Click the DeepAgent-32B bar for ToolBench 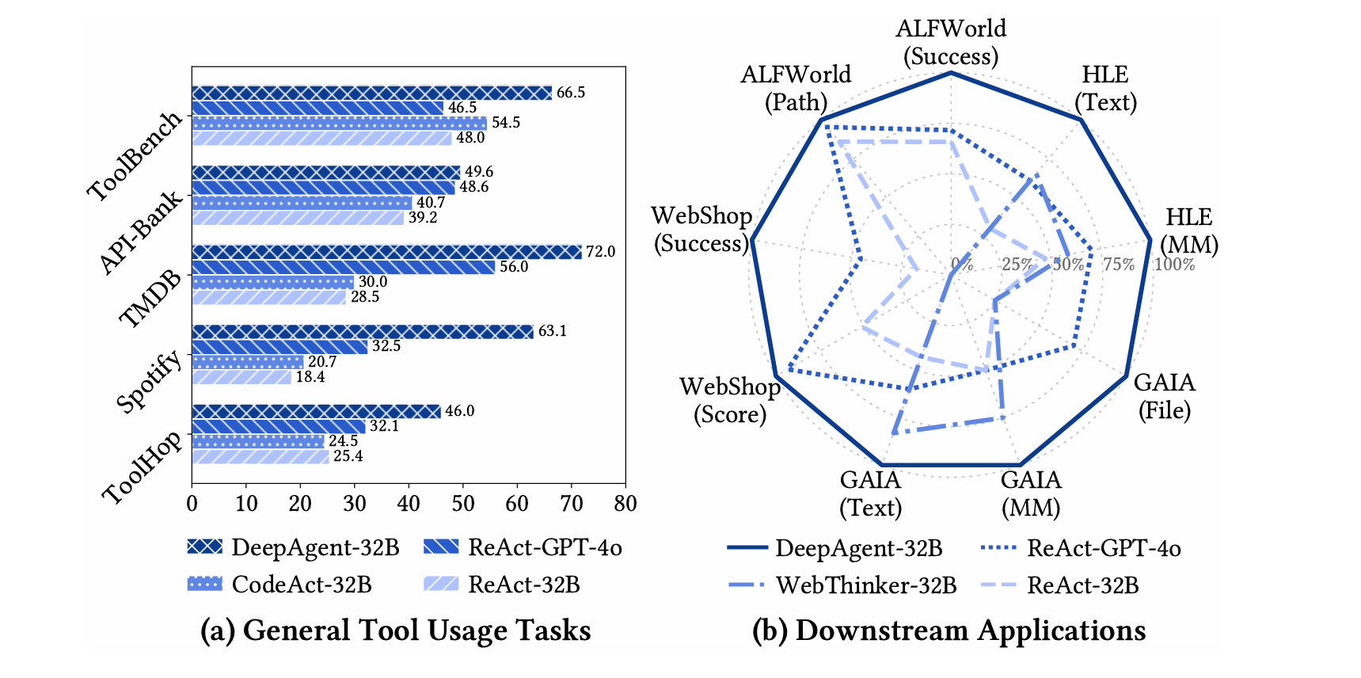(372, 93)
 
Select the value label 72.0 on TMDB (600, 252)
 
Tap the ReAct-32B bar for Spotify (241, 377)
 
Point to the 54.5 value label (506, 123)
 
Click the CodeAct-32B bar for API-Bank (302, 203)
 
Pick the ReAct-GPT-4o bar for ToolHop (278, 426)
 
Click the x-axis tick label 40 (409, 504)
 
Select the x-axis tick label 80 (625, 504)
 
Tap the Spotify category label (149, 383)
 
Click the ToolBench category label (135, 156)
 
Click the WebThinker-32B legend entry (842, 585)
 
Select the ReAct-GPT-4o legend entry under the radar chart (1081, 548)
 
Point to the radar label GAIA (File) (1165, 396)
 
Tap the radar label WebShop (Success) (701, 230)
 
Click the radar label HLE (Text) (1105, 88)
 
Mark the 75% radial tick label (1119, 265)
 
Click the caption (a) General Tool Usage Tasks (395, 630)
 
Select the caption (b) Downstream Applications (949, 630)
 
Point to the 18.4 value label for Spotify (310, 377)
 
